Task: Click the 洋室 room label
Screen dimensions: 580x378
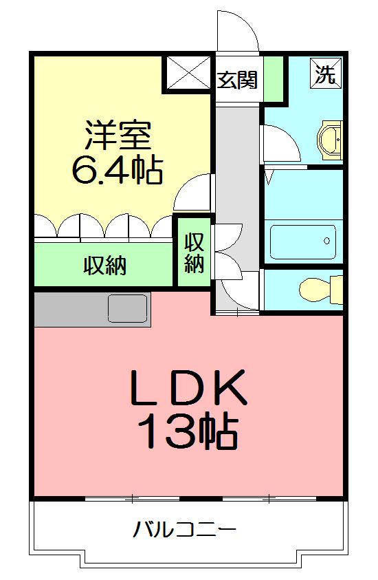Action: coord(118,135)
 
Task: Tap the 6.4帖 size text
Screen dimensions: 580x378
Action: coord(118,170)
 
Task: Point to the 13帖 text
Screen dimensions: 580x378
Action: coord(188,432)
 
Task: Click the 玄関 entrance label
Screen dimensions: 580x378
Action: coord(238,80)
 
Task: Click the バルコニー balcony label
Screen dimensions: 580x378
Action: coord(185,530)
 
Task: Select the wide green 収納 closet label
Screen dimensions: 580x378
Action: coord(105,266)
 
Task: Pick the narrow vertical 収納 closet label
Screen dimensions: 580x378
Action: coord(194,253)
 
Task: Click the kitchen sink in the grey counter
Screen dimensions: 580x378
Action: coord(129,308)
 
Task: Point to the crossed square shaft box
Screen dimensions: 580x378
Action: coord(186,72)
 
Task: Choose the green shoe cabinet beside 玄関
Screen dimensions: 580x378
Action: coord(273,77)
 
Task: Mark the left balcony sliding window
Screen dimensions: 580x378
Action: coord(132,497)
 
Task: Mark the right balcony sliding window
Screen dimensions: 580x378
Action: coord(269,497)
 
